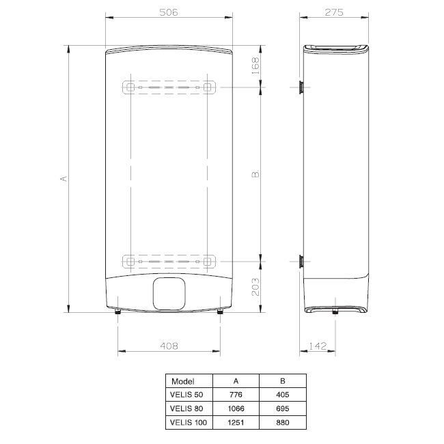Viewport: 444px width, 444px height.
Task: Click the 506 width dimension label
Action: click(169, 12)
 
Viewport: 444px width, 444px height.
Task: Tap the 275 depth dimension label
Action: click(334, 12)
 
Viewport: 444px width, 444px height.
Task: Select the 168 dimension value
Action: click(255, 66)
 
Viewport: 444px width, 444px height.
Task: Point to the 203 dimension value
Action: click(255, 287)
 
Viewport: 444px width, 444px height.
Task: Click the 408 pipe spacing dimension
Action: click(169, 346)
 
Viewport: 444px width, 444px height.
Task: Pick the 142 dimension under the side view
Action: click(318, 346)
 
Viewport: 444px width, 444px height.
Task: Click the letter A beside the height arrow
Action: click(64, 179)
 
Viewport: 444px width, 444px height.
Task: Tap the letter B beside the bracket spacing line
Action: click(255, 174)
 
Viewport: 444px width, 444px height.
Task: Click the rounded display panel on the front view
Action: click(169, 294)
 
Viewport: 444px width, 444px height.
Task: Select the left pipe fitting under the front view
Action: click(117, 311)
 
